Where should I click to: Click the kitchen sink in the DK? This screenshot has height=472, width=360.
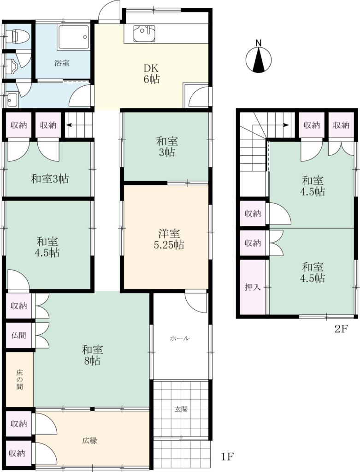[x=144, y=33]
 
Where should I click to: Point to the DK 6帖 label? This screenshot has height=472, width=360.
[x=151, y=73]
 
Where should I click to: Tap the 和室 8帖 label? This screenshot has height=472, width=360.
[x=92, y=355]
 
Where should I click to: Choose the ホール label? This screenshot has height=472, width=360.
[x=180, y=338]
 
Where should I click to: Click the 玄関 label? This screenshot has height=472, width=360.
[x=181, y=409]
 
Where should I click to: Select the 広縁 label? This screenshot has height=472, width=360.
[x=89, y=441]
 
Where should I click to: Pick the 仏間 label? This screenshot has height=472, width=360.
[x=18, y=335]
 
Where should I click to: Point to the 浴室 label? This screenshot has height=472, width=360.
[x=62, y=63]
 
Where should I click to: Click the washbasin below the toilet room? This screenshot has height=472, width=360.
[x=12, y=99]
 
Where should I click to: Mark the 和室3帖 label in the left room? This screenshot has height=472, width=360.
[x=50, y=179]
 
